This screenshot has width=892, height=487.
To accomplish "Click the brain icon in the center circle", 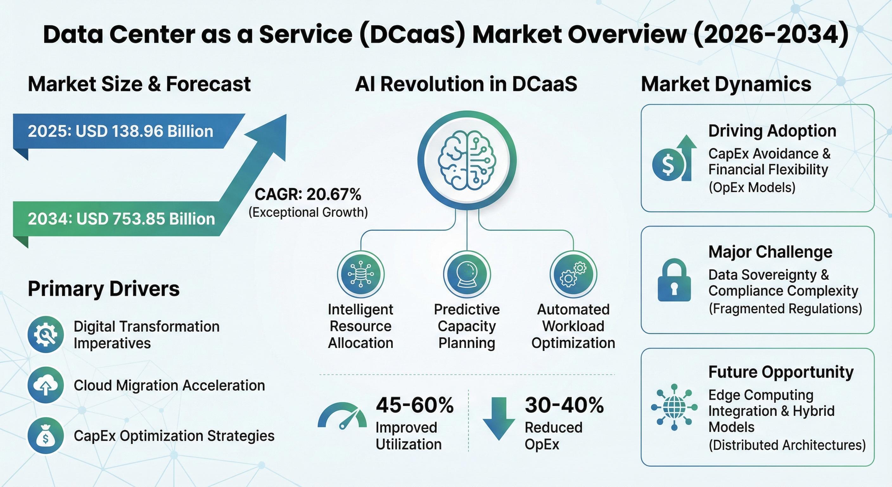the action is click(x=467, y=160).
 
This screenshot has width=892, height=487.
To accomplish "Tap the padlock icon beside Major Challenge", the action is click(x=674, y=280).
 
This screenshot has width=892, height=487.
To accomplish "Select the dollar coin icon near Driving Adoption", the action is click(x=668, y=164).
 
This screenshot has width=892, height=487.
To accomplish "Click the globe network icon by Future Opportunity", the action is click(x=674, y=407).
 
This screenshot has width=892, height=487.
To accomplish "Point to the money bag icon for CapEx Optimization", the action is click(x=46, y=435).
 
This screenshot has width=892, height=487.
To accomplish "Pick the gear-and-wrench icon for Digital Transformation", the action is click(x=46, y=334).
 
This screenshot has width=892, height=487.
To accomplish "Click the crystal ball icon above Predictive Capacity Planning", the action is click(x=467, y=274).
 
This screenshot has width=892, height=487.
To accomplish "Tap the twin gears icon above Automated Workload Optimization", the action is click(x=573, y=274).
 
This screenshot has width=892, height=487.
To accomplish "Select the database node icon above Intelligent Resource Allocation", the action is click(x=360, y=274).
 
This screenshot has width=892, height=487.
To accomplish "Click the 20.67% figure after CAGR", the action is click(x=334, y=194).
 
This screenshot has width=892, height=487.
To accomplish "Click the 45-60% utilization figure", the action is click(x=415, y=405).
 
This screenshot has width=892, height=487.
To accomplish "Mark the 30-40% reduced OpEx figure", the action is click(x=564, y=405).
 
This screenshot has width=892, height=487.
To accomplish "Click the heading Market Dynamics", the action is click(x=726, y=84).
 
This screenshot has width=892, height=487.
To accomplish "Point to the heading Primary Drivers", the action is click(x=104, y=289).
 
